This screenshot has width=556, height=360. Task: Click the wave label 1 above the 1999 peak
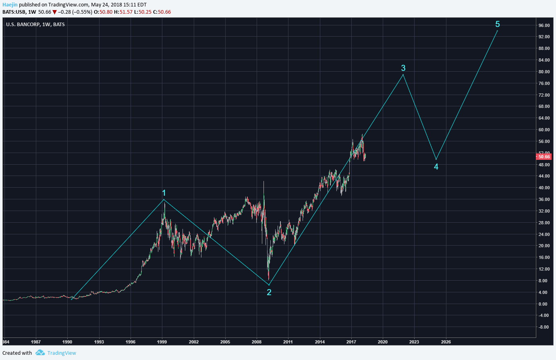(164, 193)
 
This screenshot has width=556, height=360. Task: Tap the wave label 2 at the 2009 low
(269, 292)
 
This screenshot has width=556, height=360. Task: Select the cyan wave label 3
(403, 68)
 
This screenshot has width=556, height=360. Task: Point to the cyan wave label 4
(436, 167)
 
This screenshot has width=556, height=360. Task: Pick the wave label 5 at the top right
(498, 24)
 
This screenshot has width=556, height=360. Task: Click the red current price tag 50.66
(544, 157)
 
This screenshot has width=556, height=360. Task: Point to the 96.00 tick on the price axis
(544, 25)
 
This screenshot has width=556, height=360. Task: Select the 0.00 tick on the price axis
(543, 304)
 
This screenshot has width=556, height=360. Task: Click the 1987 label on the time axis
(36, 342)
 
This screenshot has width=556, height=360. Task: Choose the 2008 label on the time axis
(257, 342)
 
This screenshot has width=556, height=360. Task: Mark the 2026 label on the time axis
(446, 342)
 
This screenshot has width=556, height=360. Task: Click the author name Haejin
(10, 5)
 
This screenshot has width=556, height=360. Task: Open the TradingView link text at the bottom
(62, 353)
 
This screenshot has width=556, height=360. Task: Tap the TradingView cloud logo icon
(40, 353)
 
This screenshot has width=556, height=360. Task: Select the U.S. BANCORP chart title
(35, 25)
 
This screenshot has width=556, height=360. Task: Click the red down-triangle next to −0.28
(54, 12)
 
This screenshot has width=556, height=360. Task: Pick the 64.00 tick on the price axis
(544, 118)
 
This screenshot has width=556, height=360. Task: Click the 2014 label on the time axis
(320, 342)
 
